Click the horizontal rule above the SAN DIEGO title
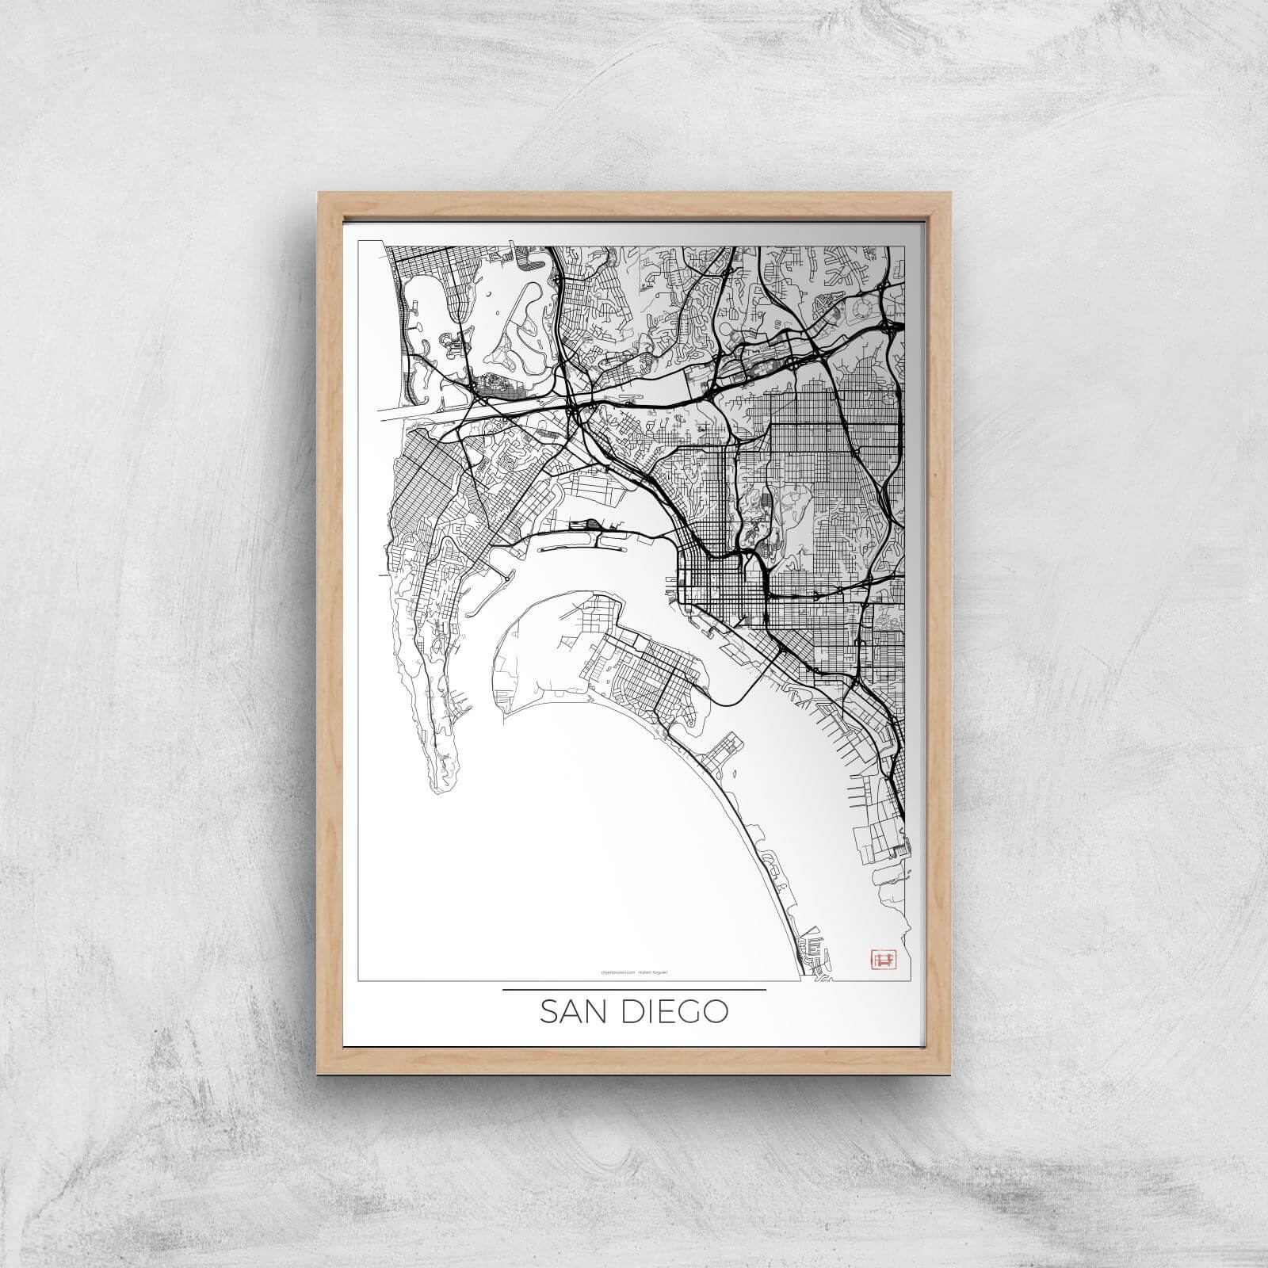(634, 990)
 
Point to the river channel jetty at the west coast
(412, 411)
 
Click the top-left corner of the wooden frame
(318, 190)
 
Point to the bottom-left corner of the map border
(360, 980)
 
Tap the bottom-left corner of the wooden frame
(318, 1074)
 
